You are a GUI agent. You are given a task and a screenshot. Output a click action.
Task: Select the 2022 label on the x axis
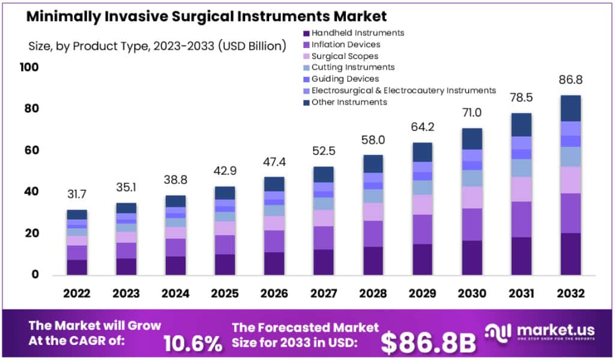tap(77, 293)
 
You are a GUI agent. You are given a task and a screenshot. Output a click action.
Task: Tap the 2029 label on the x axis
tap(422, 293)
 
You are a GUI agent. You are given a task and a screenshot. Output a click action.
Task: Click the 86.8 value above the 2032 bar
tap(571, 80)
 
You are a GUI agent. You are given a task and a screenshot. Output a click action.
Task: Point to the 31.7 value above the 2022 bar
tap(77, 194)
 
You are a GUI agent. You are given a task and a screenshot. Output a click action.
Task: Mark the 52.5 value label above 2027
tap(324, 151)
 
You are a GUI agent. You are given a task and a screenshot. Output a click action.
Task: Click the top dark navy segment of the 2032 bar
tap(571, 108)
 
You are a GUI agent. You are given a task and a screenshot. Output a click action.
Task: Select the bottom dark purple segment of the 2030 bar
tap(472, 258)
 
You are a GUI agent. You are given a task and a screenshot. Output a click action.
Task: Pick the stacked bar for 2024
tap(175, 235)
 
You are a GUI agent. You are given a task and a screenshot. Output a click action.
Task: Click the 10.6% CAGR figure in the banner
tap(193, 343)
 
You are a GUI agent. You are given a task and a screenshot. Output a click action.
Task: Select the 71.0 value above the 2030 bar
tap(472, 113)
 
